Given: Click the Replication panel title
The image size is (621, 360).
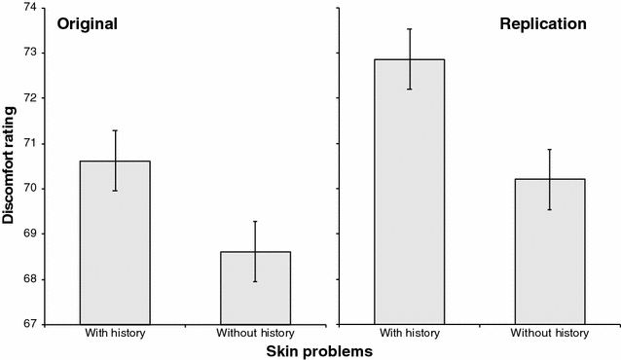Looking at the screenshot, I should pyautogui.click(x=543, y=23).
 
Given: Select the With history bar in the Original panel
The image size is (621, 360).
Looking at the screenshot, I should pyautogui.click(x=115, y=242).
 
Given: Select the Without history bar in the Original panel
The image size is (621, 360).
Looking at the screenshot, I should pyautogui.click(x=255, y=288).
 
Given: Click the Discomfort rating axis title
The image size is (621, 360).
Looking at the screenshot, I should pyautogui.click(x=9, y=166).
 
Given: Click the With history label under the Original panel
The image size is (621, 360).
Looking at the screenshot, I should pyautogui.click(x=114, y=334).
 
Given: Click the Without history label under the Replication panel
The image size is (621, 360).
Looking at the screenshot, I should pyautogui.click(x=550, y=334).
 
